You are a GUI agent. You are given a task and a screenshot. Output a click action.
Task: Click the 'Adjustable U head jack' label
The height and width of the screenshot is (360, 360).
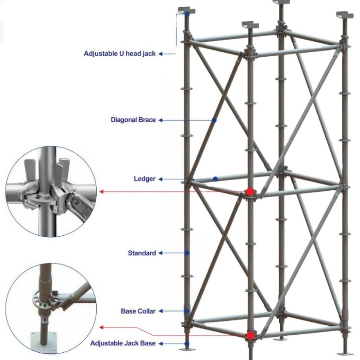(x=120, y=54)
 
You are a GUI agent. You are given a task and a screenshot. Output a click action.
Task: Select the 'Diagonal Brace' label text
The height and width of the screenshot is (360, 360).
(x=133, y=120)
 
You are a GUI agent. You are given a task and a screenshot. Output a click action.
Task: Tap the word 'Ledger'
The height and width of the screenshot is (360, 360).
(x=145, y=179)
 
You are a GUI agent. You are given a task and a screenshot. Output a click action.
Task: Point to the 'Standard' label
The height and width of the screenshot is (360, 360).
(x=142, y=253)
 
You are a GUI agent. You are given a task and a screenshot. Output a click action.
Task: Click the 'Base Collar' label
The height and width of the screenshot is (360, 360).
(x=138, y=311)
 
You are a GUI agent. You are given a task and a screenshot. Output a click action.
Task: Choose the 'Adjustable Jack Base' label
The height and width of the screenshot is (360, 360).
(x=123, y=343)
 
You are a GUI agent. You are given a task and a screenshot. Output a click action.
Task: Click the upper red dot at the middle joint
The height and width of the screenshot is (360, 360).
(x=250, y=192)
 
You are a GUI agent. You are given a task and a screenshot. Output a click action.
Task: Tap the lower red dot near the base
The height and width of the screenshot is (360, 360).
(x=250, y=336)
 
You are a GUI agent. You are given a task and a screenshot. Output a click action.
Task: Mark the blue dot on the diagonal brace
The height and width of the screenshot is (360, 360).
(x=215, y=120)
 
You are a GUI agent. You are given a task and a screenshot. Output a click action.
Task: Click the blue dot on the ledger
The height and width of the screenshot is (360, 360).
(x=216, y=179)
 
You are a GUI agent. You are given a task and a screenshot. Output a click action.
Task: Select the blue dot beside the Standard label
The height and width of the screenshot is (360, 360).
(x=187, y=253)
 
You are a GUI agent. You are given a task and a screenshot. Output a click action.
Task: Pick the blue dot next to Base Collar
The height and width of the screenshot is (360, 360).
(x=187, y=311)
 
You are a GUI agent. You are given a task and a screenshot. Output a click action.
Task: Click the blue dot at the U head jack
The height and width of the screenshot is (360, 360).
(x=187, y=15)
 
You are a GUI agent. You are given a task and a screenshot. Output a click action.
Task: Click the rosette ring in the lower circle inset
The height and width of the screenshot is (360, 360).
(x=43, y=299)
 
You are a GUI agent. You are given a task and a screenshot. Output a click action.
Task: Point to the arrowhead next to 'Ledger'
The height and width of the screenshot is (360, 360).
(x=160, y=179)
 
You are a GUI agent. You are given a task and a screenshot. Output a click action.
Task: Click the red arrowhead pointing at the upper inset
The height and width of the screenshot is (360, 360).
(x=102, y=192)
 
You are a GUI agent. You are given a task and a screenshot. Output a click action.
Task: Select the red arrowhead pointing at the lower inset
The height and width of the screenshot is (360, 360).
(x=102, y=327)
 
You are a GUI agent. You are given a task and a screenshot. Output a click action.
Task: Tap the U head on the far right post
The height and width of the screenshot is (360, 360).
(x=346, y=13)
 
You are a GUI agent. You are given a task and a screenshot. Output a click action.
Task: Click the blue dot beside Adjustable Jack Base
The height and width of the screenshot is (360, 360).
(x=187, y=343)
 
